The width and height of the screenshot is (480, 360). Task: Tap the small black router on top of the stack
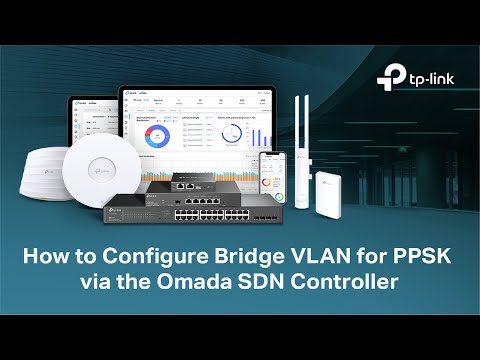coord(177,184)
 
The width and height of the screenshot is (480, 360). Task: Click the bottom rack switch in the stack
coord(200,214)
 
